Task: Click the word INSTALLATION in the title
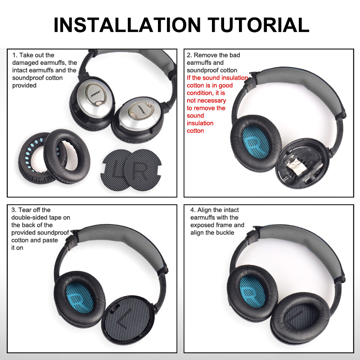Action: tap(127, 25)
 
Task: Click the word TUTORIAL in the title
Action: tap(258, 25)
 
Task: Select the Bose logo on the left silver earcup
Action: tap(96, 94)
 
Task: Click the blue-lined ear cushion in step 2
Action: tap(256, 143)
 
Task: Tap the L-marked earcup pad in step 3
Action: tap(128, 320)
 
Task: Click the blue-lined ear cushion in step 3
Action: tap(80, 298)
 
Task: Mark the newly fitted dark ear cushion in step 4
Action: tap(300, 318)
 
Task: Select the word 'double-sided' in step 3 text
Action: tap(30, 217)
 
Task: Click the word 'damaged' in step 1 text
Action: tap(25, 63)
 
